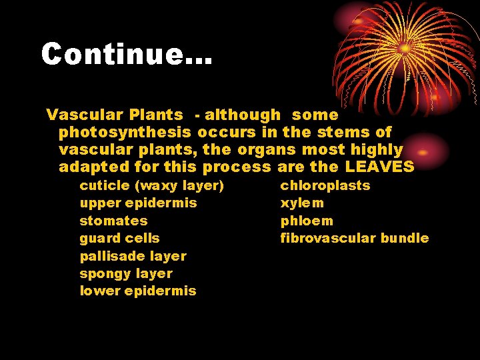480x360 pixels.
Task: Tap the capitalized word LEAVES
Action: point(380,167)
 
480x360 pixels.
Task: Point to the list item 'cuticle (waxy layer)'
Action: point(151,185)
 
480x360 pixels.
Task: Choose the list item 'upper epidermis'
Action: point(138,203)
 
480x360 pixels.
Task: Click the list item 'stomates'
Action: point(113,221)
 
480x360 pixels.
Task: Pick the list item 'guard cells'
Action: point(119,238)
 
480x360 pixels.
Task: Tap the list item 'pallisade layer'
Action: point(133,256)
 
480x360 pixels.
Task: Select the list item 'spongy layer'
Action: point(126,273)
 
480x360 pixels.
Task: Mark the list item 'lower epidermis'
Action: point(137,291)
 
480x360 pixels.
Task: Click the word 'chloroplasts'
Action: point(325,185)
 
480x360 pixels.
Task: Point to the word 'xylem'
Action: point(302,203)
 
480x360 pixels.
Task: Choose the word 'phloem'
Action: point(306,221)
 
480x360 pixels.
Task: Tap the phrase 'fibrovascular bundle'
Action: point(354,238)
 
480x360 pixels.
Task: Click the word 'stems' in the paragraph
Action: point(347,133)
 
